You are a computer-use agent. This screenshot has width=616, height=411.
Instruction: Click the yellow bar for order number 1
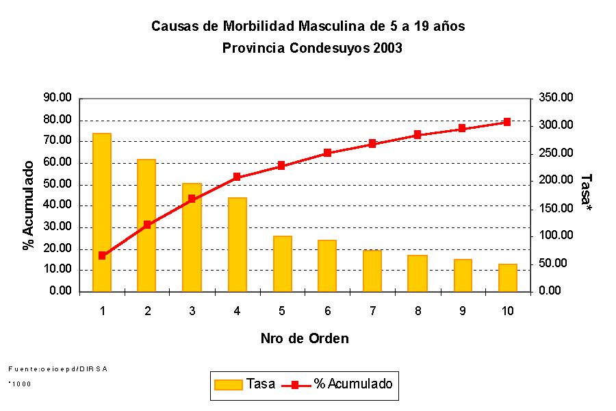(x=102, y=212)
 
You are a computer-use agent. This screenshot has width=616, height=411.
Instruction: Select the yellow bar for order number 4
(x=237, y=245)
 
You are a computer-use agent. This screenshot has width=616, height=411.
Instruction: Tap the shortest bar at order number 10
(x=507, y=277)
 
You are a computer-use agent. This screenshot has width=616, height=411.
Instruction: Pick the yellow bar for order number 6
(x=327, y=266)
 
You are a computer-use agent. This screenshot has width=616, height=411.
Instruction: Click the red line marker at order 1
(x=102, y=256)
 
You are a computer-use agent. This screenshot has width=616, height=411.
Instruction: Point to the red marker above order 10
(x=507, y=122)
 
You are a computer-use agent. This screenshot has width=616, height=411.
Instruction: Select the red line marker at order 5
(x=281, y=166)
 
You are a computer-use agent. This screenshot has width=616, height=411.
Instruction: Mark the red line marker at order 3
(x=192, y=199)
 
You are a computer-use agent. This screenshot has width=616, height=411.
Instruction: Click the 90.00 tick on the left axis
(x=57, y=98)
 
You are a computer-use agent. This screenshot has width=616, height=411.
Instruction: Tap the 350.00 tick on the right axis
(x=555, y=98)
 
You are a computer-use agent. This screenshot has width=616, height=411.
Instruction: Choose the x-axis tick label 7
(x=372, y=310)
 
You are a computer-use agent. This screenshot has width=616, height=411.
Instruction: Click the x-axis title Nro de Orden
(x=305, y=338)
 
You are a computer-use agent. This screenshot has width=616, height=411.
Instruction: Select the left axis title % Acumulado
(x=28, y=206)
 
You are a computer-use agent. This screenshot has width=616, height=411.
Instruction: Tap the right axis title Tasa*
(x=585, y=191)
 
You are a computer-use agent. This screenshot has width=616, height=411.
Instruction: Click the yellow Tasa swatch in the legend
(x=229, y=384)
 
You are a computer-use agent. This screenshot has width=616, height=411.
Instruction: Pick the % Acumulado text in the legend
(x=353, y=384)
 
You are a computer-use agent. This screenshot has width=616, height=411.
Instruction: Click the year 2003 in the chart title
(x=387, y=49)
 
